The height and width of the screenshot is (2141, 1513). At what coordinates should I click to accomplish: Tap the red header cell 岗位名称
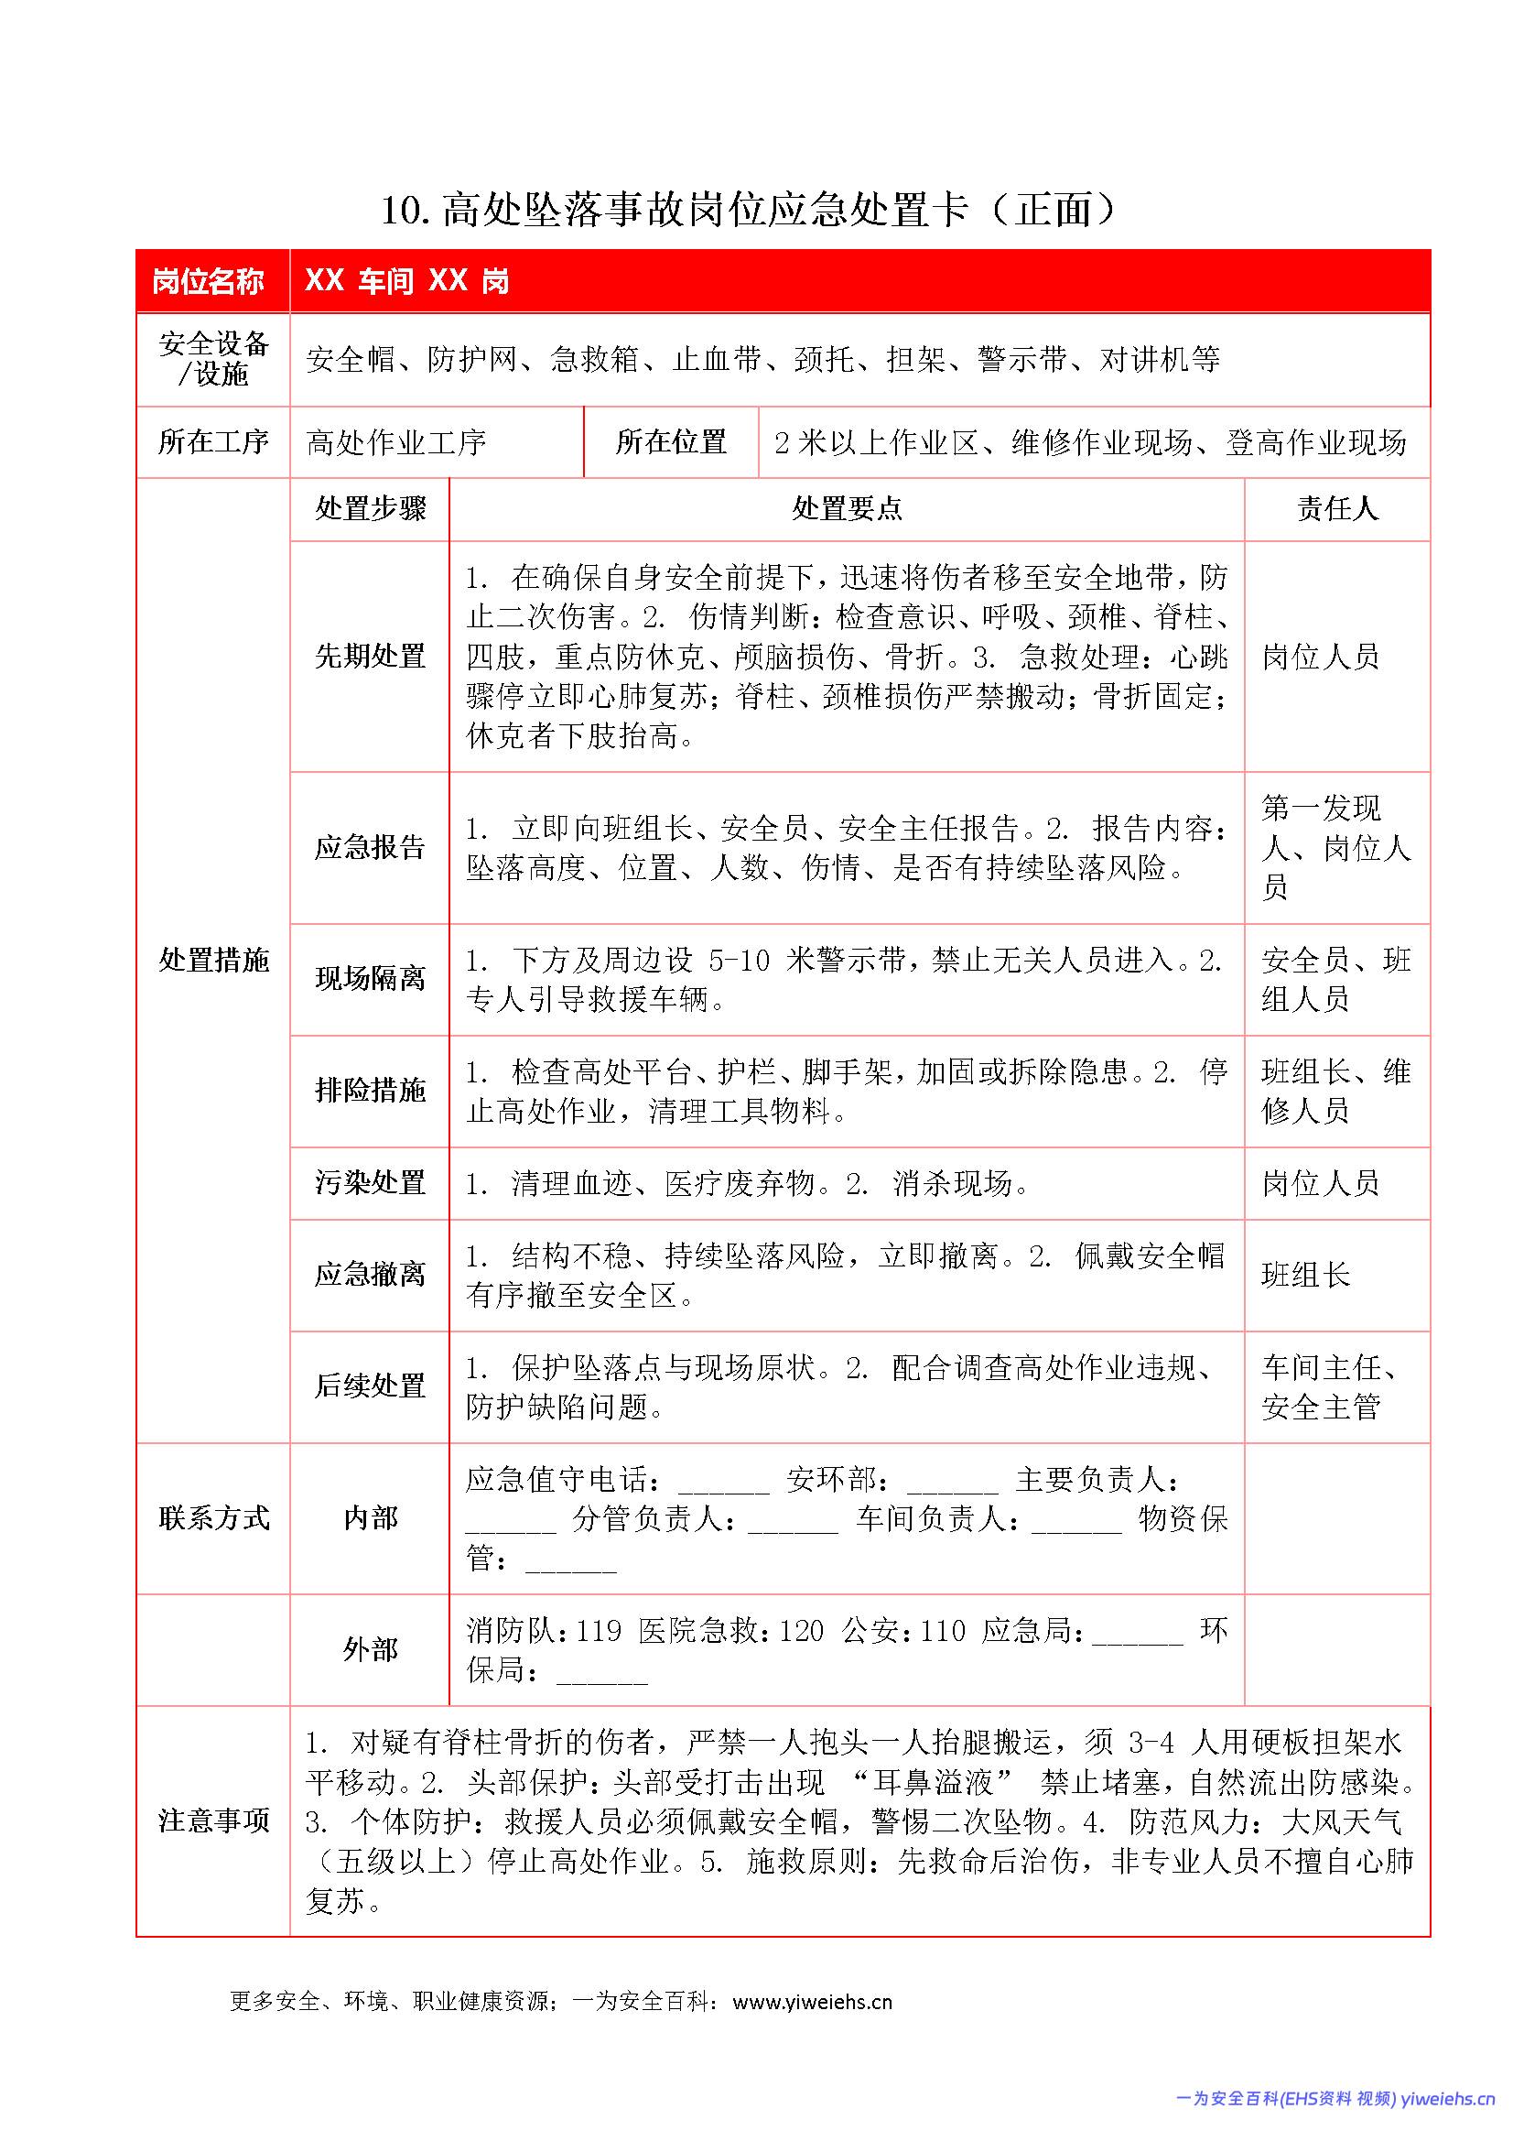208,281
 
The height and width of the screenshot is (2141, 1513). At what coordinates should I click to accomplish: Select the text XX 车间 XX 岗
406,281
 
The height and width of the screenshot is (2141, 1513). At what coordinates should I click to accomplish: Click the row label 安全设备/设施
213,359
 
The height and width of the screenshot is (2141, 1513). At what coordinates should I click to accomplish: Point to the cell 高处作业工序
396,443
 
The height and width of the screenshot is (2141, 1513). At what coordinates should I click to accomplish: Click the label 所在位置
670,442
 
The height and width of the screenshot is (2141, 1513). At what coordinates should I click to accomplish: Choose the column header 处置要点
847,509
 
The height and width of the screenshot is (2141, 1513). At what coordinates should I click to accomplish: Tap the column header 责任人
1337,509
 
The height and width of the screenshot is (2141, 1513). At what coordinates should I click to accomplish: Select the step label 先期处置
370,657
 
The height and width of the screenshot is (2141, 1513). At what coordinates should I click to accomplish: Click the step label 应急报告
370,848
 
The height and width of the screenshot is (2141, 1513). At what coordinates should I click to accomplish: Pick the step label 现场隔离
370,979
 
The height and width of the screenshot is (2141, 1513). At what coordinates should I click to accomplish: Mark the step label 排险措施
370,1090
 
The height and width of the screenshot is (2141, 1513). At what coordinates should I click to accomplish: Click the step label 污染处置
370,1183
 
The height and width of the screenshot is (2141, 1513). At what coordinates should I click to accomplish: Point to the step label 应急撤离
370,1275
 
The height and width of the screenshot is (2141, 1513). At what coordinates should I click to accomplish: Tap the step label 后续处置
370,1386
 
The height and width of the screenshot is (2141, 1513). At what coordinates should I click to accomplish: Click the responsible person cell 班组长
1305,1276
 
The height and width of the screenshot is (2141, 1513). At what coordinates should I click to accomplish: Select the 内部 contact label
370,1519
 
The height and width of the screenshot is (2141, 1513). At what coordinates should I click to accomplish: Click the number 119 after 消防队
599,1631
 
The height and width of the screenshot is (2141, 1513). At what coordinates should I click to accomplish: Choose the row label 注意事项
213,1821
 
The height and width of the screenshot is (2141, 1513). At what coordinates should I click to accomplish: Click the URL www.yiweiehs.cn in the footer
812,2002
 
